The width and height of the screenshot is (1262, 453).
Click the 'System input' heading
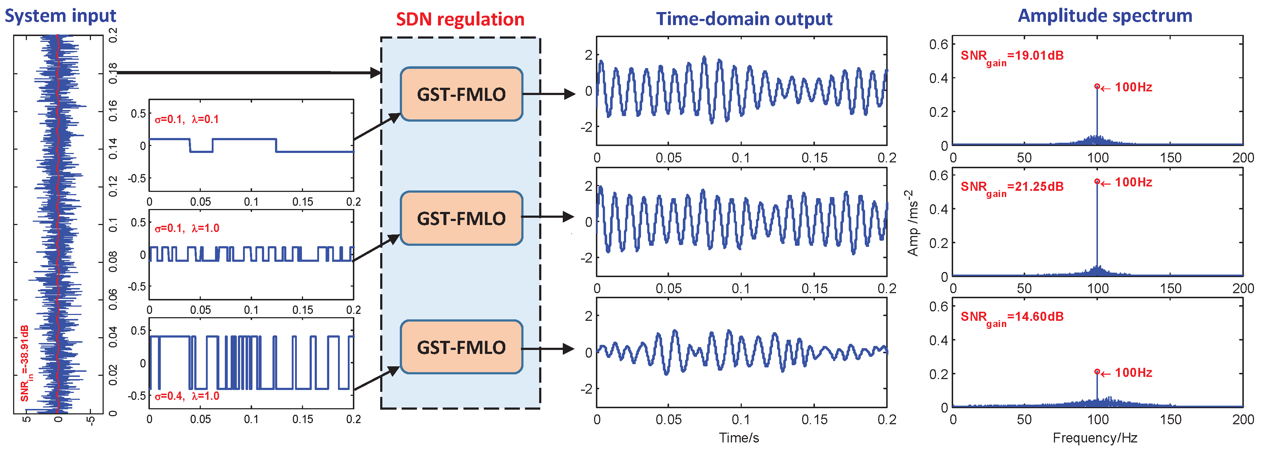point(60,16)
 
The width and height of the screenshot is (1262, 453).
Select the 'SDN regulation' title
point(460,20)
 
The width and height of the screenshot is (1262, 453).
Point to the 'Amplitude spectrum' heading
point(1105,16)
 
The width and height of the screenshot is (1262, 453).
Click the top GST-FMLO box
point(461,94)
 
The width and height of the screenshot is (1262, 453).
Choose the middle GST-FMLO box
point(461,218)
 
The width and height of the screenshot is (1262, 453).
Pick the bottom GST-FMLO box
point(461,347)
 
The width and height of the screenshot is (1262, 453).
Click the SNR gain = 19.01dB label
point(1012,56)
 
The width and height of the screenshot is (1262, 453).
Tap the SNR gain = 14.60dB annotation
point(1012,317)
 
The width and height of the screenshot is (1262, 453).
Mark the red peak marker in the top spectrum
point(1097,87)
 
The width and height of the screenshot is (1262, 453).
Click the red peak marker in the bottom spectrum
point(1097,372)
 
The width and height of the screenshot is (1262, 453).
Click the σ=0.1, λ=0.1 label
point(187,119)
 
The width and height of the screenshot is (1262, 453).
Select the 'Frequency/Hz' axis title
point(1095,438)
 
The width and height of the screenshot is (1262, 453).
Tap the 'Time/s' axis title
point(739,438)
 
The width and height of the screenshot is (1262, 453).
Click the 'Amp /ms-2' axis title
point(912,223)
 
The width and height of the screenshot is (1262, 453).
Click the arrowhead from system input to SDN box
point(376,73)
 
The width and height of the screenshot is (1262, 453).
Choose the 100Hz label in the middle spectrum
point(1133,182)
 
